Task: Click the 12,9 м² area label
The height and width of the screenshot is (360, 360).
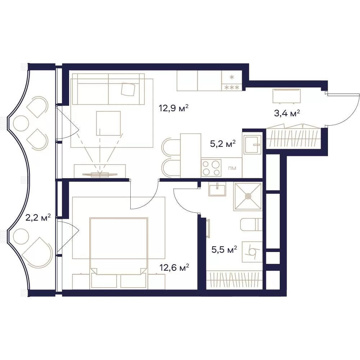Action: [174, 108]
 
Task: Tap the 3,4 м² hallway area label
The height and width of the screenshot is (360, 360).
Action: [287, 113]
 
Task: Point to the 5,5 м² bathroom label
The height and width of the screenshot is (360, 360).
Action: [224, 249]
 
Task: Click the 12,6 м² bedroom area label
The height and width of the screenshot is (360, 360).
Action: [174, 267]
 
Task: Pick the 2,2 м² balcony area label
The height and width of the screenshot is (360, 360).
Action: [38, 217]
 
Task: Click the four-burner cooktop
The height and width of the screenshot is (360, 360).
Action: [211, 168]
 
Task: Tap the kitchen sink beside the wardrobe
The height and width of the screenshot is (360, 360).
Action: [253, 144]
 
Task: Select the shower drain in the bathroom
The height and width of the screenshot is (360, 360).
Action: [248, 196]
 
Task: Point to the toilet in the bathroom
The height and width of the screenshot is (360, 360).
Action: [251, 225]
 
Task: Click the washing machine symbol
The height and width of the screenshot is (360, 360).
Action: [252, 252]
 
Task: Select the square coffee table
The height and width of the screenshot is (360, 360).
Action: [108, 123]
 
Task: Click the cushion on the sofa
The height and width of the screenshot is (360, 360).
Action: [128, 89]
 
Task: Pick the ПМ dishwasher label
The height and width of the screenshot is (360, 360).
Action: [232, 168]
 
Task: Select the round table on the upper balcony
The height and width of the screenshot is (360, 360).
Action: [21, 123]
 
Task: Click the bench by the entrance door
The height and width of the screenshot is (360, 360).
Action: [287, 96]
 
